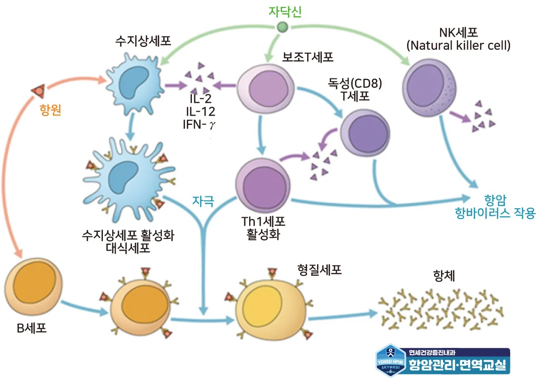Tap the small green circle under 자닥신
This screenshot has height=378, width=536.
(x=282, y=27)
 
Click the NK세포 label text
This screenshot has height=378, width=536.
(x=458, y=33)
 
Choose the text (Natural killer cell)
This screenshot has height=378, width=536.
(x=458, y=46)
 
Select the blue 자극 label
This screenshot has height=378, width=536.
(x=203, y=201)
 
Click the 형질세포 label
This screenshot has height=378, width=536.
(x=319, y=269)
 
